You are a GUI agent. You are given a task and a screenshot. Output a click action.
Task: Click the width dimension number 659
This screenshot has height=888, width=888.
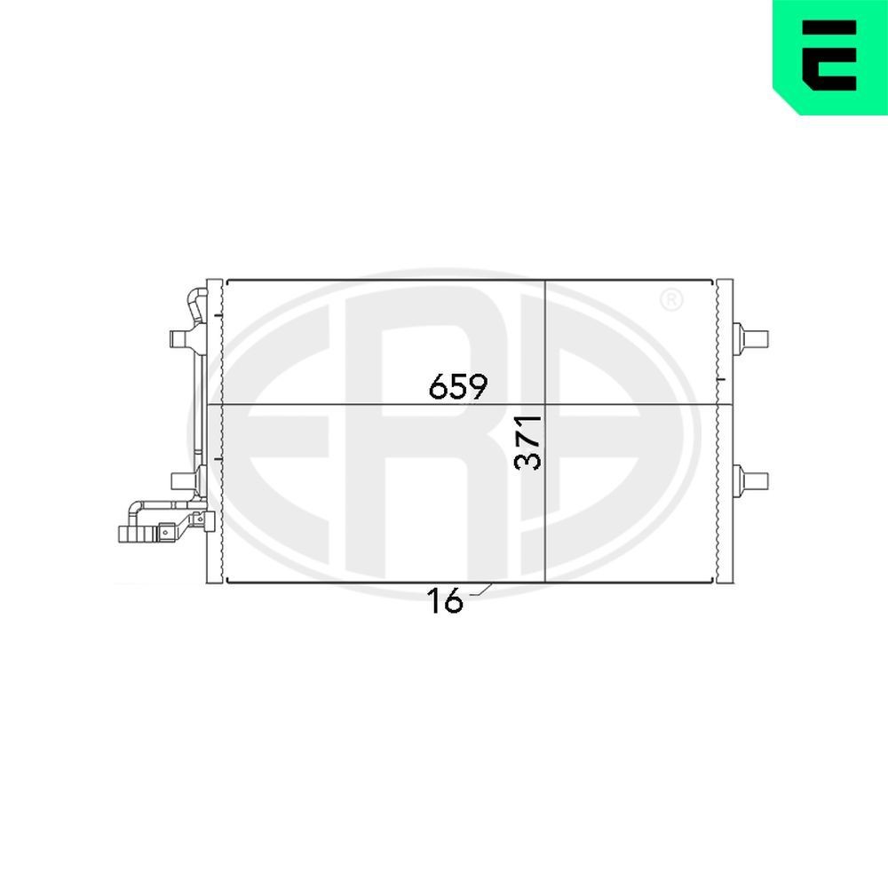[x=458, y=386]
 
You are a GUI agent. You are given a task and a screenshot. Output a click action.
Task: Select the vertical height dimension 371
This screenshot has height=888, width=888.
[x=529, y=441]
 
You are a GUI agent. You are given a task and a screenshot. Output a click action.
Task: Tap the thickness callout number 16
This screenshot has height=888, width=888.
[x=446, y=601]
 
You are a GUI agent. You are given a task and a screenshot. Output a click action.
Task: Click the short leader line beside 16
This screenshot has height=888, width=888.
[x=480, y=590]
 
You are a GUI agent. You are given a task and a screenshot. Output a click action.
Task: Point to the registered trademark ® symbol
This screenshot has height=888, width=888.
[x=671, y=300]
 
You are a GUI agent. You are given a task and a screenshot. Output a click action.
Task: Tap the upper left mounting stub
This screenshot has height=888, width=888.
[x=181, y=339]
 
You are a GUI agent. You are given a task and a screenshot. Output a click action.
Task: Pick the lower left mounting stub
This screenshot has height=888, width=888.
[x=183, y=480]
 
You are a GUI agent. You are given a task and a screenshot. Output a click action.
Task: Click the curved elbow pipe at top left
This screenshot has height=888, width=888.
[x=194, y=306]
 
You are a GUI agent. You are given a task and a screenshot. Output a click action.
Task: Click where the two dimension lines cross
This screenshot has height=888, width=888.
[x=544, y=406]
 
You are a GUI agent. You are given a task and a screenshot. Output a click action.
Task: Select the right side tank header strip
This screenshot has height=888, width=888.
[x=725, y=431]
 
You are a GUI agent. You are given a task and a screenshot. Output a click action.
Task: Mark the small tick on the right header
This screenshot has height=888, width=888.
[x=720, y=379]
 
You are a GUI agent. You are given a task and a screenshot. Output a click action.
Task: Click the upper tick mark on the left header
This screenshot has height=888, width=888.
[x=218, y=313]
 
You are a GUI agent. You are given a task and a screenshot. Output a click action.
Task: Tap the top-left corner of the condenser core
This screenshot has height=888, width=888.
[x=228, y=282]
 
